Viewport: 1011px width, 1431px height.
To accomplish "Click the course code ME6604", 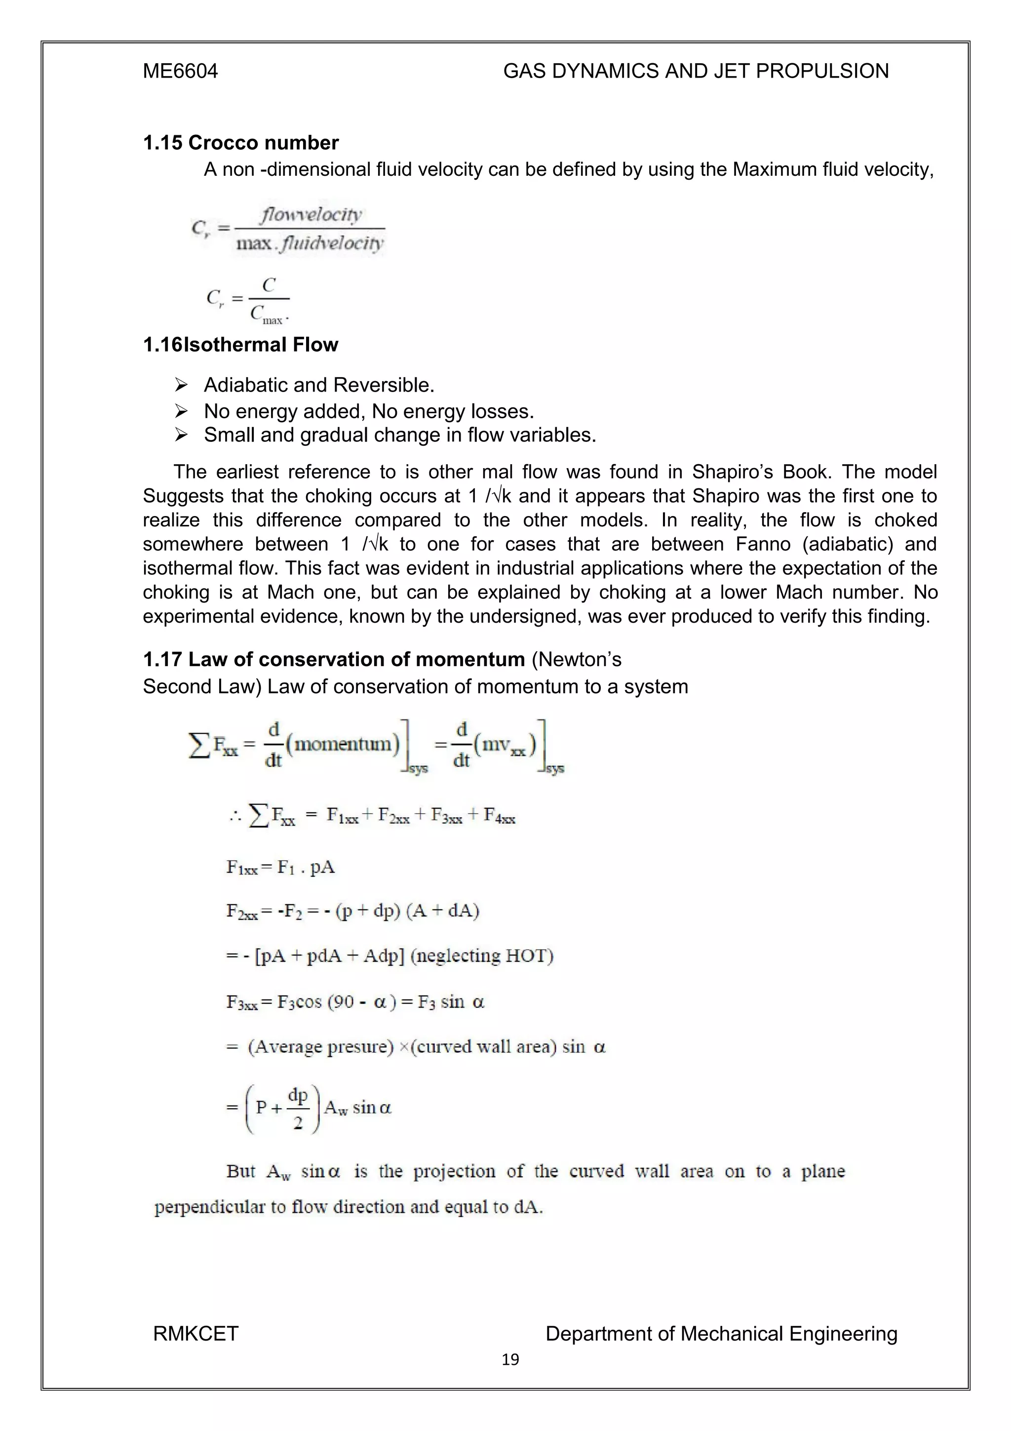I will (180, 71).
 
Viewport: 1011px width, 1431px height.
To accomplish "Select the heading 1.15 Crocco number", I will (240, 143).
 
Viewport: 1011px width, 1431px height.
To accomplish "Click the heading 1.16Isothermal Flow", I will (240, 345).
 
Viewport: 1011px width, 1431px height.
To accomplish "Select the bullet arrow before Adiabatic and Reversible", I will (181, 385).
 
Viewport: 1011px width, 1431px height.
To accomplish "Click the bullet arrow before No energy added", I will (181, 411).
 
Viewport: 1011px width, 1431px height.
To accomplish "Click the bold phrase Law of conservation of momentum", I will (356, 659).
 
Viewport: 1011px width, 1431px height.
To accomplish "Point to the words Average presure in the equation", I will (321, 1046).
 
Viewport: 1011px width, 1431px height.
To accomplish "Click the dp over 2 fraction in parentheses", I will (298, 1108).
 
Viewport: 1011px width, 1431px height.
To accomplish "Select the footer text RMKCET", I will (195, 1333).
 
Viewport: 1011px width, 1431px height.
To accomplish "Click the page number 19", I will (510, 1360).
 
